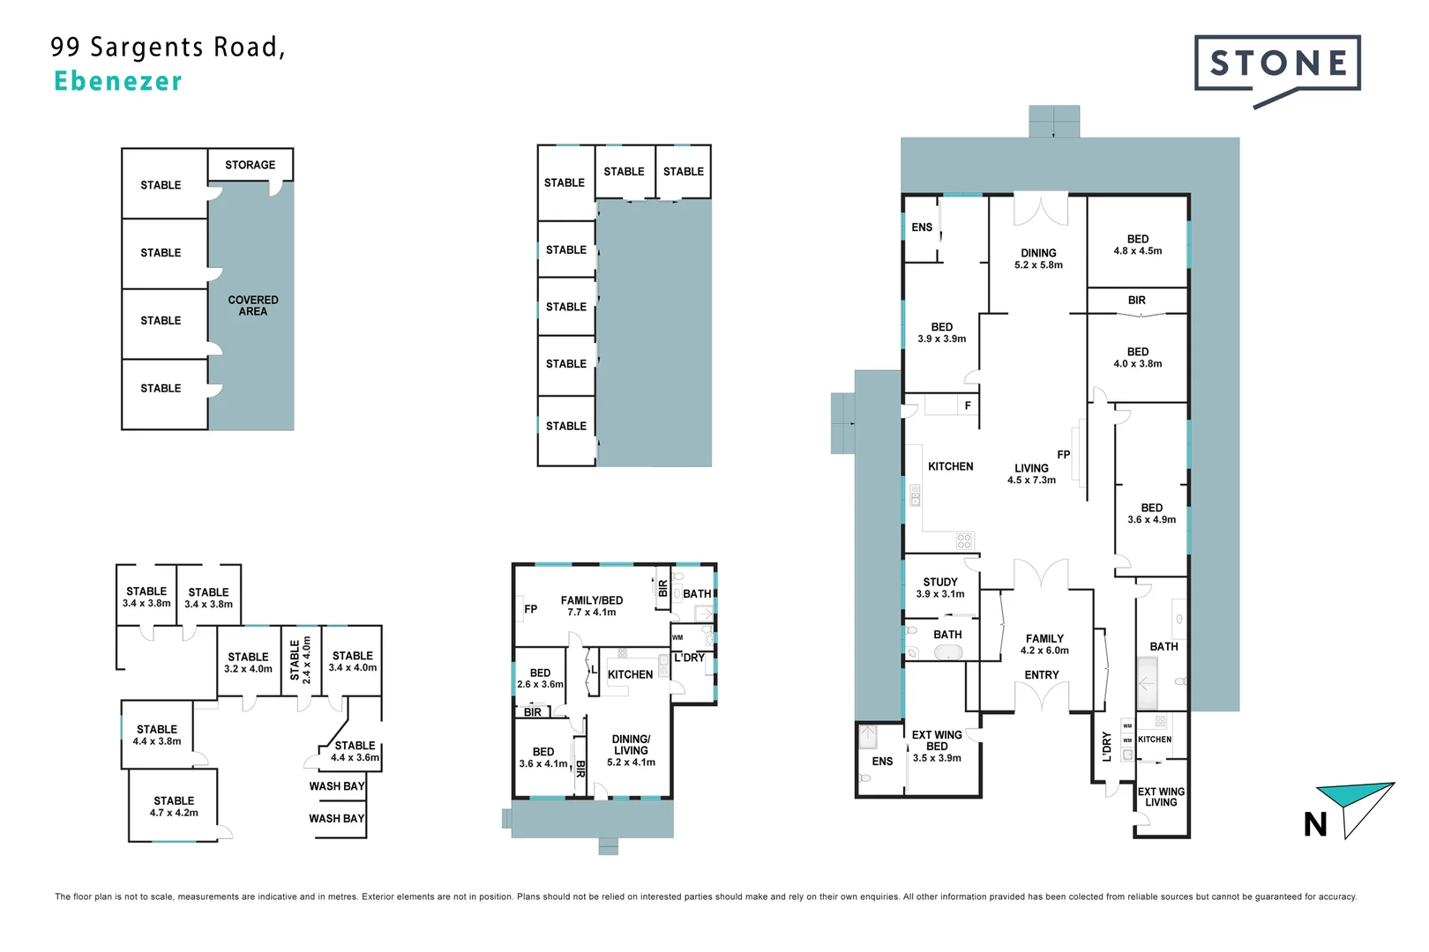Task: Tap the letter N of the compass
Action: click(x=1314, y=824)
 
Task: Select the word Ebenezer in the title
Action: click(x=118, y=81)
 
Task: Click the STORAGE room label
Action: click(x=250, y=165)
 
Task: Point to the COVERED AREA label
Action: click(x=252, y=305)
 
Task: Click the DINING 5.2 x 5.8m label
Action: click(x=1038, y=258)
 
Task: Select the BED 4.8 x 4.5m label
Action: click(x=1137, y=244)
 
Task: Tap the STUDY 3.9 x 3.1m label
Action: click(x=940, y=587)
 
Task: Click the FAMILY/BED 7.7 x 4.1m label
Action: click(x=592, y=606)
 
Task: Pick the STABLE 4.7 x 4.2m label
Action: click(x=174, y=807)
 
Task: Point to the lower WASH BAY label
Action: click(x=336, y=818)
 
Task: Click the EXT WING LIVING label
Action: click(x=1161, y=797)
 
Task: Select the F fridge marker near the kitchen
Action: click(x=968, y=405)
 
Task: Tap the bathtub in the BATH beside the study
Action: click(x=948, y=652)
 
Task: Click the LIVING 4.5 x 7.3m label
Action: click(x=1031, y=473)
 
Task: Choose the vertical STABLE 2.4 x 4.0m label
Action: click(x=301, y=660)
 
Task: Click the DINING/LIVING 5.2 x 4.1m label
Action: click(x=631, y=750)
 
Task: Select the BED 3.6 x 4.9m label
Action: click(x=1151, y=513)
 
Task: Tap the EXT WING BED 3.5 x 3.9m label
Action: click(x=937, y=746)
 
